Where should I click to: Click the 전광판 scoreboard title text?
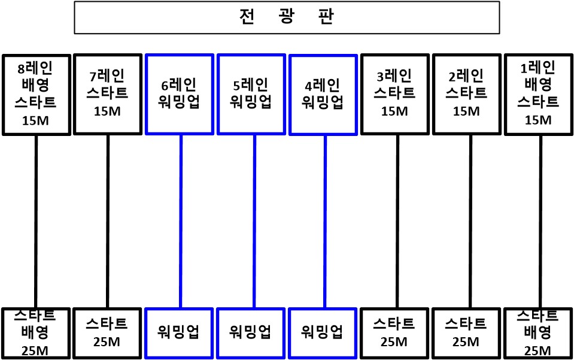[287, 17]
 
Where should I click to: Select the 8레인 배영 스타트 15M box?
[37, 95]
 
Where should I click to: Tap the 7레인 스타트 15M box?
[108, 95]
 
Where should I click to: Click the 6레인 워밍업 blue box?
[180, 95]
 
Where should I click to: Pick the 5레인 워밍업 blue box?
[251, 95]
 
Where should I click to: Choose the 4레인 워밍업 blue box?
[323, 95]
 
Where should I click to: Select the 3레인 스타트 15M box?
[394, 95]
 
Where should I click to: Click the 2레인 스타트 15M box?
[466, 95]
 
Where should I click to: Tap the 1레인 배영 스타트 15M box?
[539, 95]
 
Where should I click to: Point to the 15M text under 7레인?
[107, 111]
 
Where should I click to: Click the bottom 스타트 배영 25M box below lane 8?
[36, 333]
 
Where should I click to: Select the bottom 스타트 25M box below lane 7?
[107, 333]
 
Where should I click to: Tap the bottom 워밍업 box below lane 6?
[179, 333]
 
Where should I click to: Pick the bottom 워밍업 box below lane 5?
[251, 333]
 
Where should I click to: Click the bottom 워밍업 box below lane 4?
[323, 333]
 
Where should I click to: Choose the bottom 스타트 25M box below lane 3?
[394, 333]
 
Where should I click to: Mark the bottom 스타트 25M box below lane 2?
[466, 333]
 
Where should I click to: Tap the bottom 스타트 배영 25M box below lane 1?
[538, 333]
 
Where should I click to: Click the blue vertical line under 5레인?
[254, 222]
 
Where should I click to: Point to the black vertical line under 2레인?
[470, 222]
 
